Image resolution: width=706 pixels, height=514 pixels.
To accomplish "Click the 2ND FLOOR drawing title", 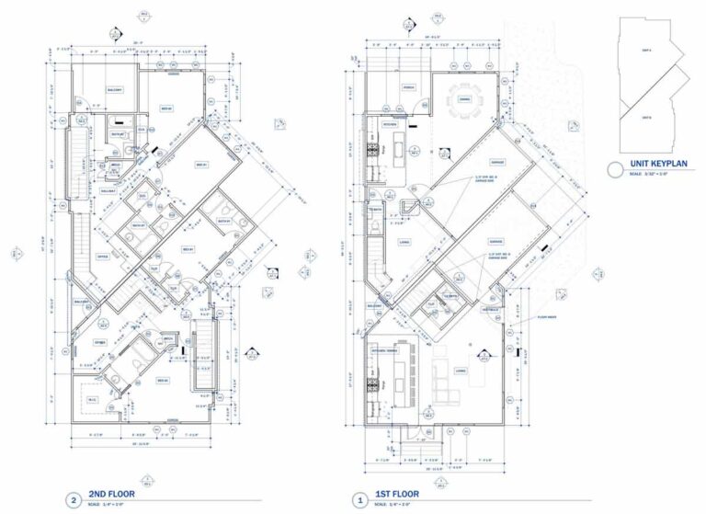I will (x=110, y=493).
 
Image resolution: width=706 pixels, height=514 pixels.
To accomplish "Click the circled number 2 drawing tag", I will (x=73, y=499).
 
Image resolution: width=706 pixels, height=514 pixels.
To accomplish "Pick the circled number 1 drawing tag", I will (x=359, y=499).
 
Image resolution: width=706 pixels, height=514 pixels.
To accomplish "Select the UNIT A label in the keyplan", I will (x=647, y=50).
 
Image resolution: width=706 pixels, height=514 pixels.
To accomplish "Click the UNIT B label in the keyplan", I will (x=647, y=118).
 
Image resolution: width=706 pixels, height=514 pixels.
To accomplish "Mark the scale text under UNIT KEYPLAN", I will (x=655, y=175).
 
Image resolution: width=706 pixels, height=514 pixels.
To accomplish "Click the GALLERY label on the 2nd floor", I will (x=108, y=190).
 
